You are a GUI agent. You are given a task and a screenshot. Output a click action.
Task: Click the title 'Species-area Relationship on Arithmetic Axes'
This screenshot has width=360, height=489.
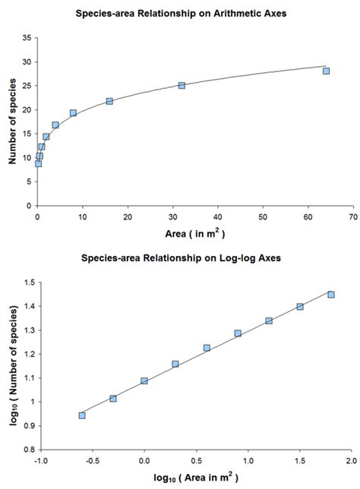pos(181,14)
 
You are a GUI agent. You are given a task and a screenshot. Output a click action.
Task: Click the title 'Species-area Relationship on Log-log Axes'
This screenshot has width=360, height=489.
pos(181,257)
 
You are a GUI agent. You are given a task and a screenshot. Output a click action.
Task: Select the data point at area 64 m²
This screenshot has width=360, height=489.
pos(326,71)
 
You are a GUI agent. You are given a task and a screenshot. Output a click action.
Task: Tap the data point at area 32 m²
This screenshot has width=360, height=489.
pos(182,85)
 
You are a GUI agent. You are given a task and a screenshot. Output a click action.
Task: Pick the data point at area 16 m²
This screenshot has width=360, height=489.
pos(109,101)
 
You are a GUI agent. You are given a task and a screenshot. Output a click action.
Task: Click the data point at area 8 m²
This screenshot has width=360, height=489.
pos(74,113)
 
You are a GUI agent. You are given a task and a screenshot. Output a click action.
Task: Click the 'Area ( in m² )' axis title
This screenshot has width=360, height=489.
pos(193,233)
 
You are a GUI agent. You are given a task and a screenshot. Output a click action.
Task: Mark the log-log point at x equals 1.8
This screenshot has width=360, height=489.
pos(331,295)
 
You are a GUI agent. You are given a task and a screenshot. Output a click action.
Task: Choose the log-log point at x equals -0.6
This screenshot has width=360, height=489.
pos(82,415)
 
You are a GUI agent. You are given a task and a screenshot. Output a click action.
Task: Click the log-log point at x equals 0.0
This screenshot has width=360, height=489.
pos(144,381)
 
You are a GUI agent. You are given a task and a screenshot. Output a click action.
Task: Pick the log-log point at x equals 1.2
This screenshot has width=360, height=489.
pos(269,320)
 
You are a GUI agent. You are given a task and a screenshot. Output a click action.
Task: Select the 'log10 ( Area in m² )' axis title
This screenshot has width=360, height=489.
pos(196,478)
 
